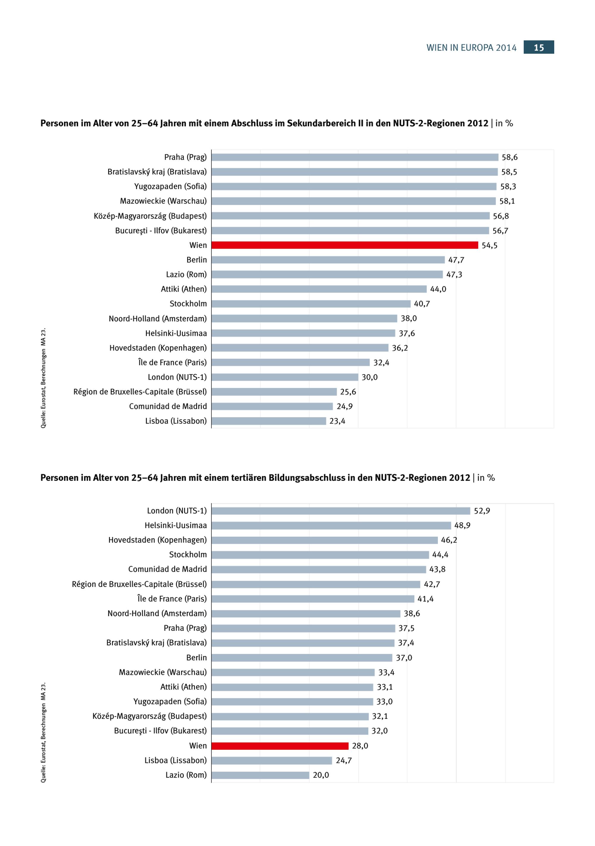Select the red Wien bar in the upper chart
click(x=345, y=245)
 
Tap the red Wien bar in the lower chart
click(x=280, y=746)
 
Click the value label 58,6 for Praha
click(x=510, y=157)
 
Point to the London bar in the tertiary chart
click(x=341, y=511)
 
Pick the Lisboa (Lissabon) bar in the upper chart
click(x=269, y=421)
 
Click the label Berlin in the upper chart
click(x=197, y=260)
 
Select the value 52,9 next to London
click(x=482, y=511)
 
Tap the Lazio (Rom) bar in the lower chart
click(x=260, y=775)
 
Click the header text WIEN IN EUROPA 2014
click(x=471, y=48)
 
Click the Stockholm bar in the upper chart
click(x=311, y=304)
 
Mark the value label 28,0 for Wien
click(x=360, y=746)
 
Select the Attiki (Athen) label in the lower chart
click(x=183, y=687)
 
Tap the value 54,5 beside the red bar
click(x=489, y=245)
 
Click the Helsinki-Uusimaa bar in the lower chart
click(x=331, y=525)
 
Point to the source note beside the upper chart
click(x=43, y=378)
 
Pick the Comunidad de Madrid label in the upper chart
click(x=168, y=406)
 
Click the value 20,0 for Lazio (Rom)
click(x=321, y=775)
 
